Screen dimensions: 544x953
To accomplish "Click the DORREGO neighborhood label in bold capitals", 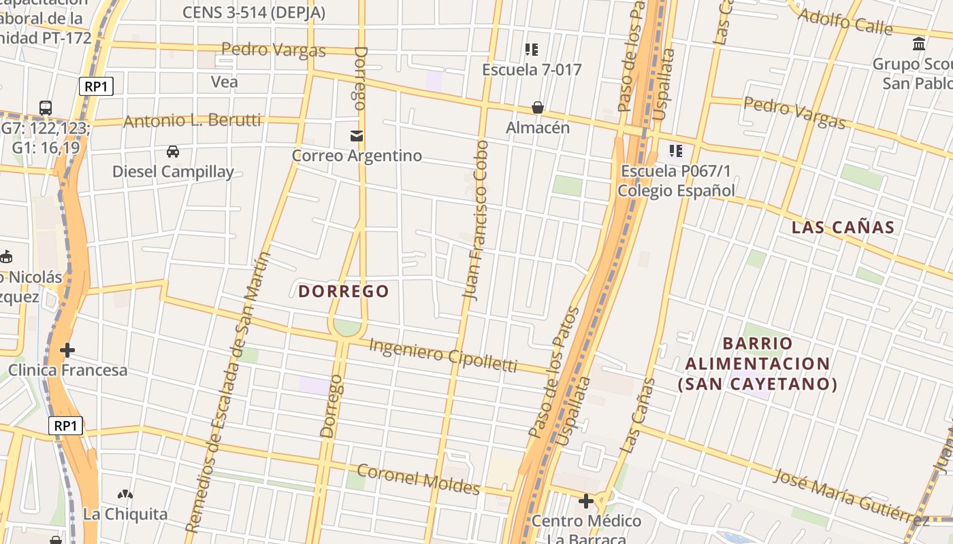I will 344,292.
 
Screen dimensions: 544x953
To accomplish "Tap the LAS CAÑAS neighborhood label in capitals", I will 843,228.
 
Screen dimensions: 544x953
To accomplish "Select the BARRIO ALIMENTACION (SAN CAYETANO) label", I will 758,364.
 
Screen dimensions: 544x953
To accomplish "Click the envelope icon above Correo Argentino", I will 357,136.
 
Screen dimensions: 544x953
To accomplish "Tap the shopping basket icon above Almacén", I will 538,107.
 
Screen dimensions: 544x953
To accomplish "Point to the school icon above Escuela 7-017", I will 532,50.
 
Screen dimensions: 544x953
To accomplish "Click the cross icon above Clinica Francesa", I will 67,350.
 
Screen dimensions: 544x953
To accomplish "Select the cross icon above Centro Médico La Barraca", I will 585,502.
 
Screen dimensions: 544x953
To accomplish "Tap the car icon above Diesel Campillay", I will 173,152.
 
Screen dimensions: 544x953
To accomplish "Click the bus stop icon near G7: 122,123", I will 46,107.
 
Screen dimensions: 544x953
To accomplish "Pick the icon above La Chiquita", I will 125,494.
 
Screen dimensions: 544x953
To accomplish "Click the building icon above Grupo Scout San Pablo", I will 919,44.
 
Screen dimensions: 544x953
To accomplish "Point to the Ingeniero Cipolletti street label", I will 443,355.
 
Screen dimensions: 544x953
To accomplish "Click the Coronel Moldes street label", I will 418,479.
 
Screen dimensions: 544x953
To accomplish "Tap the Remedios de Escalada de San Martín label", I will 228,392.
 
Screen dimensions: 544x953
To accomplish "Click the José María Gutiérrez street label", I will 851,497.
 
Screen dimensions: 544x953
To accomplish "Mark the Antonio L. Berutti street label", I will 192,121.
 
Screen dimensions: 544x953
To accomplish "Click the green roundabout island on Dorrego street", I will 347,328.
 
